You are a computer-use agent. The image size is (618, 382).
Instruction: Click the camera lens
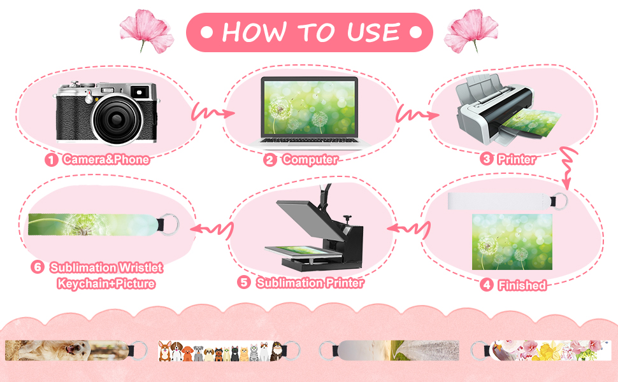pyautogui.click(x=117, y=119)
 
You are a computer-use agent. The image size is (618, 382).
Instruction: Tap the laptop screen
pyautogui.click(x=310, y=108)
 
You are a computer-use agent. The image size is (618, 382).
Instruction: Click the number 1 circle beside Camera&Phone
pyautogui.click(x=51, y=160)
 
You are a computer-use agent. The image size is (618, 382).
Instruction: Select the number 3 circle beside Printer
pyautogui.click(x=487, y=159)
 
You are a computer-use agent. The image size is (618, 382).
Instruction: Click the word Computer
pyautogui.click(x=310, y=160)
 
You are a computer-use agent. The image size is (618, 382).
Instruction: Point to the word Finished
pyautogui.click(x=522, y=285)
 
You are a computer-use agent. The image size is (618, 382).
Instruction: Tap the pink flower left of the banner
pyautogui.click(x=147, y=31)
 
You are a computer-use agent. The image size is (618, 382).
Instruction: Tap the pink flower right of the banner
pyautogui.click(x=471, y=31)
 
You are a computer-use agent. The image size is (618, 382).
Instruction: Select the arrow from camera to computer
pyautogui.click(x=212, y=113)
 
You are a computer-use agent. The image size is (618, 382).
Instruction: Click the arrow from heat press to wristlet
pyautogui.click(x=212, y=229)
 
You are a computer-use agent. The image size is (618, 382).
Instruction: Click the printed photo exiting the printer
pyautogui.click(x=530, y=122)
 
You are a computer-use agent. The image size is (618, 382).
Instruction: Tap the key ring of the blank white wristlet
pyautogui.click(x=561, y=201)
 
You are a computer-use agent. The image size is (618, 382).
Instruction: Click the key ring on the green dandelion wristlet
pyautogui.click(x=171, y=224)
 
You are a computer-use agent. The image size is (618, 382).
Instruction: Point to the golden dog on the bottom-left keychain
pyautogui.click(x=69, y=350)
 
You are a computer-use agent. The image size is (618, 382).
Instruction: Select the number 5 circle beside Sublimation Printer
pyautogui.click(x=244, y=283)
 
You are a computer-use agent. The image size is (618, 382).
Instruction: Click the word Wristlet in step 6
pyautogui.click(x=141, y=268)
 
